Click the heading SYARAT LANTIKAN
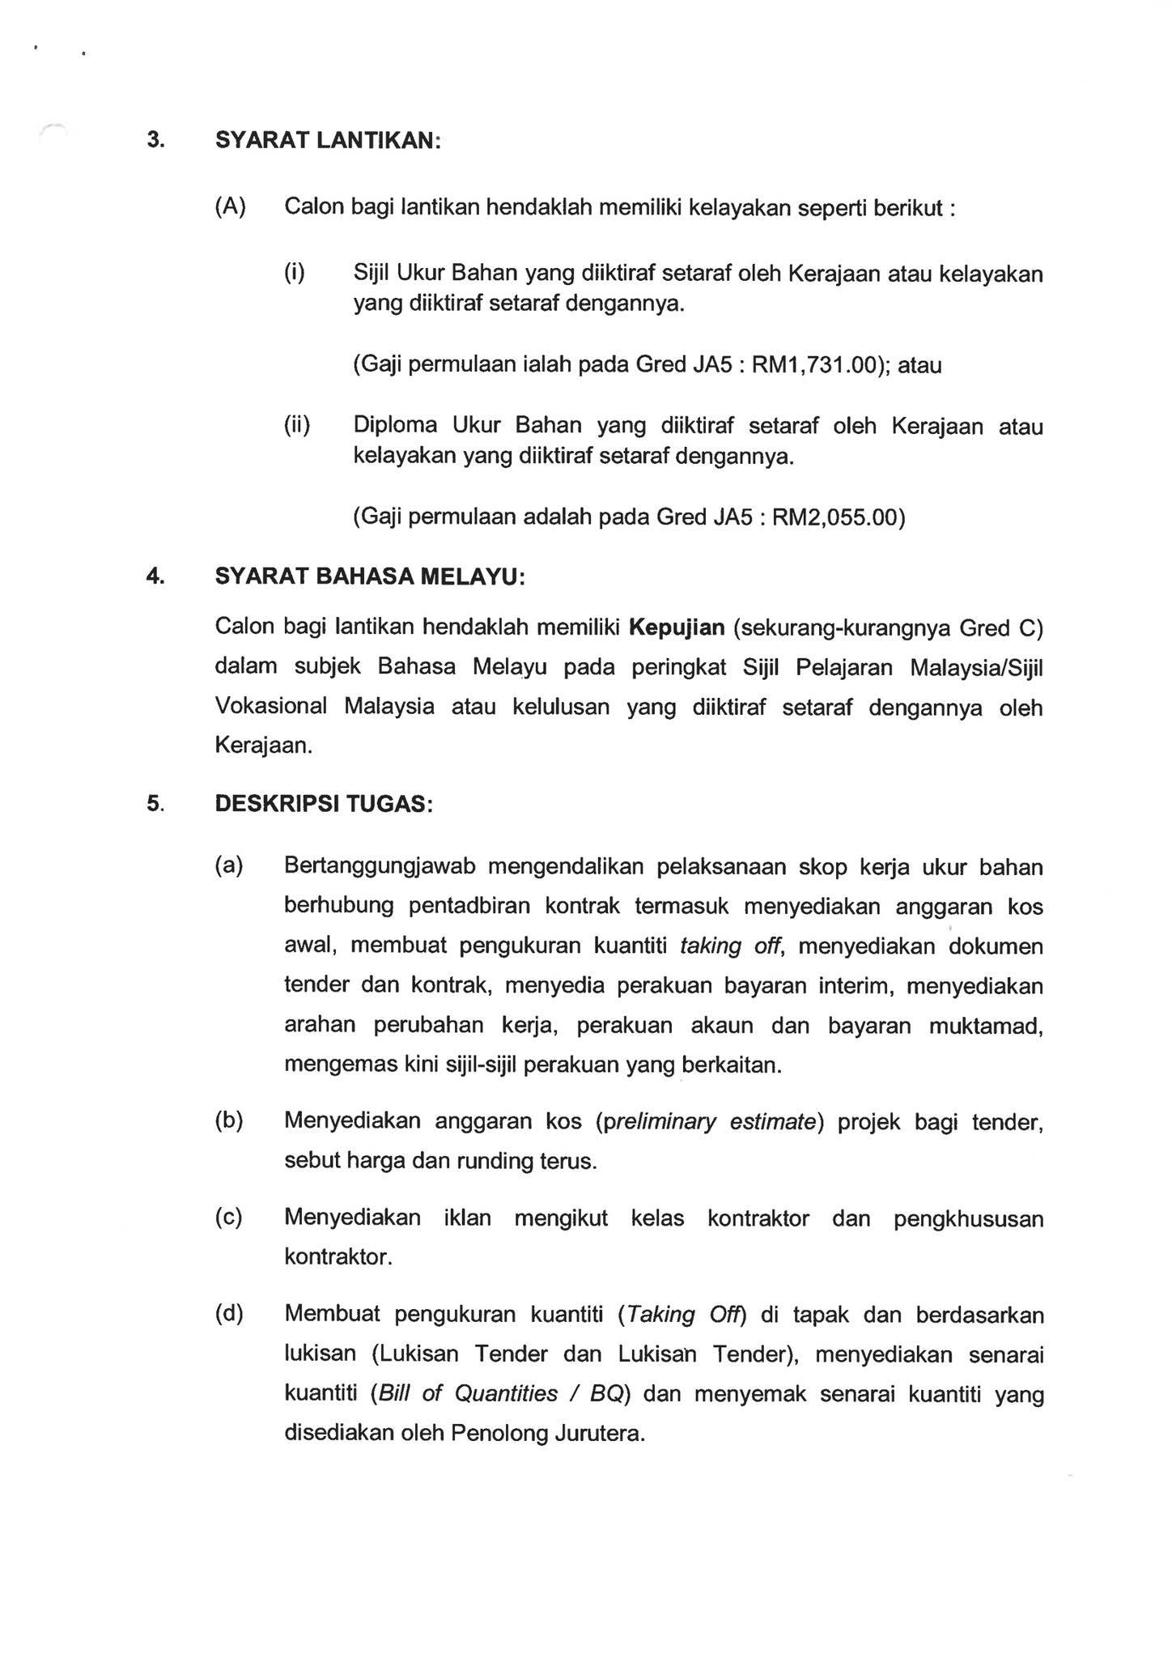tap(327, 140)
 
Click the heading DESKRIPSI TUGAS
tap(323, 804)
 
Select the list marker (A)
tap(230, 206)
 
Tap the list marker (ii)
tap(297, 425)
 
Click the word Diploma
tap(395, 425)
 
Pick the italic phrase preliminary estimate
tap(709, 1122)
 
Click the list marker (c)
tap(229, 1218)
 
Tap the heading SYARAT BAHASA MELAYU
tap(369, 576)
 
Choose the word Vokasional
tap(270, 706)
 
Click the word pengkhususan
tap(968, 1219)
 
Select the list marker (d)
tap(229, 1313)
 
